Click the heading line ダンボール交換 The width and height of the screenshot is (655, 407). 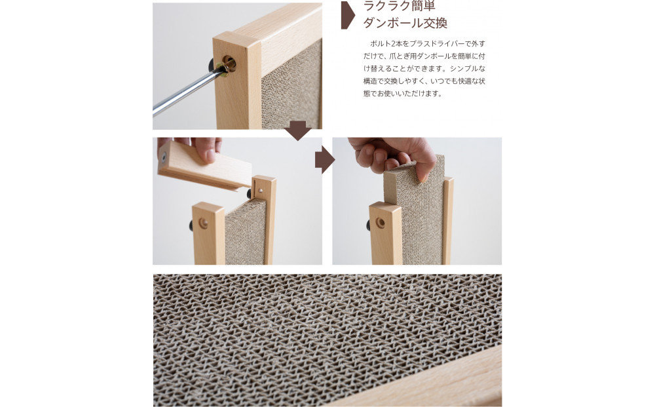point(405,24)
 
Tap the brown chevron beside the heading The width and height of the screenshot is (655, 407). point(348,15)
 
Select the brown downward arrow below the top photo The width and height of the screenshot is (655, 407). point(299,130)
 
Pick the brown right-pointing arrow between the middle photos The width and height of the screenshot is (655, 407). point(324,160)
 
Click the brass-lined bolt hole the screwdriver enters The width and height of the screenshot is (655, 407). point(228,64)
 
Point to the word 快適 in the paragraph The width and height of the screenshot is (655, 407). point(460,81)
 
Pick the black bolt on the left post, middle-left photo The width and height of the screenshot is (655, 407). point(188,225)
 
